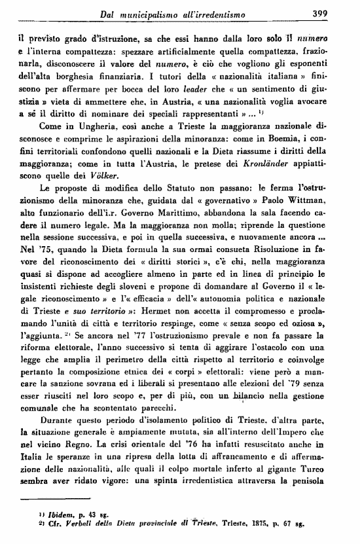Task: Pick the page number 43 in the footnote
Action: point(101,522)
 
